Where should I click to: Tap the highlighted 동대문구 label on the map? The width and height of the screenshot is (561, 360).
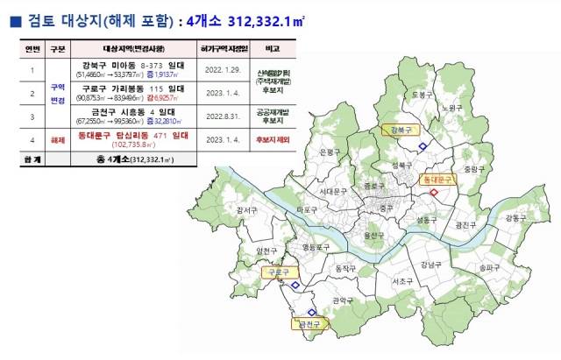tap(437, 179)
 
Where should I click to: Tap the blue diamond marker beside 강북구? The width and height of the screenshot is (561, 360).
tap(423, 146)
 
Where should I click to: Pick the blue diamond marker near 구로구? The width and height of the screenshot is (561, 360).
tap(295, 285)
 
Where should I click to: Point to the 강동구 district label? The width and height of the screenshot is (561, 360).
tap(515, 217)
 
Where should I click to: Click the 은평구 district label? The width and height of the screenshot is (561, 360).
tap(330, 152)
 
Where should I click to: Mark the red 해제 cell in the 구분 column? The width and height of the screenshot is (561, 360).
tap(59, 138)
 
